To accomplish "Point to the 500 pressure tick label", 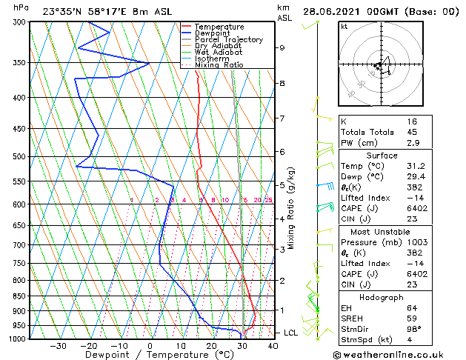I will (x=21, y=156).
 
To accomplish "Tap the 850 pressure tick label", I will (x=21, y=296).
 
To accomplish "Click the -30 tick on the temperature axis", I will (x=58, y=345).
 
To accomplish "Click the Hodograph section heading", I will (x=382, y=297).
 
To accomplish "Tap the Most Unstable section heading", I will (x=382, y=231).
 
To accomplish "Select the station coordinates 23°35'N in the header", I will (x=64, y=11).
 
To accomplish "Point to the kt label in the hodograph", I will (x=344, y=26).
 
